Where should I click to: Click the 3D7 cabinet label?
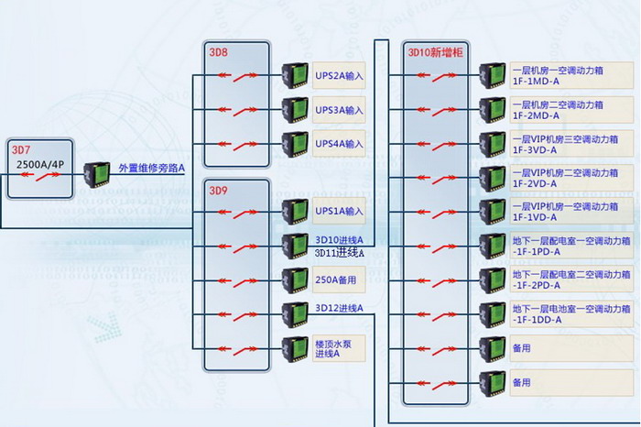point(20,149)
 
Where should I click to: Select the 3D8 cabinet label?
point(218,51)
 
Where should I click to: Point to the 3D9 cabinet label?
point(218,192)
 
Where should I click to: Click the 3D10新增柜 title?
point(435,51)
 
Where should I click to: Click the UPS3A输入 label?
point(339,110)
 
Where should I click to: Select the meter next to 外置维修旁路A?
point(97,173)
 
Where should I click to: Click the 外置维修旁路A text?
point(152,168)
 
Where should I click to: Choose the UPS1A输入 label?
point(339,212)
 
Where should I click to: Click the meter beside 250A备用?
point(295,279)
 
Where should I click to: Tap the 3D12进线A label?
point(339,308)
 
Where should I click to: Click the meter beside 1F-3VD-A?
point(493,144)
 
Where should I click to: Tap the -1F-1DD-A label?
point(539,320)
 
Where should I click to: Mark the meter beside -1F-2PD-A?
point(493,279)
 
